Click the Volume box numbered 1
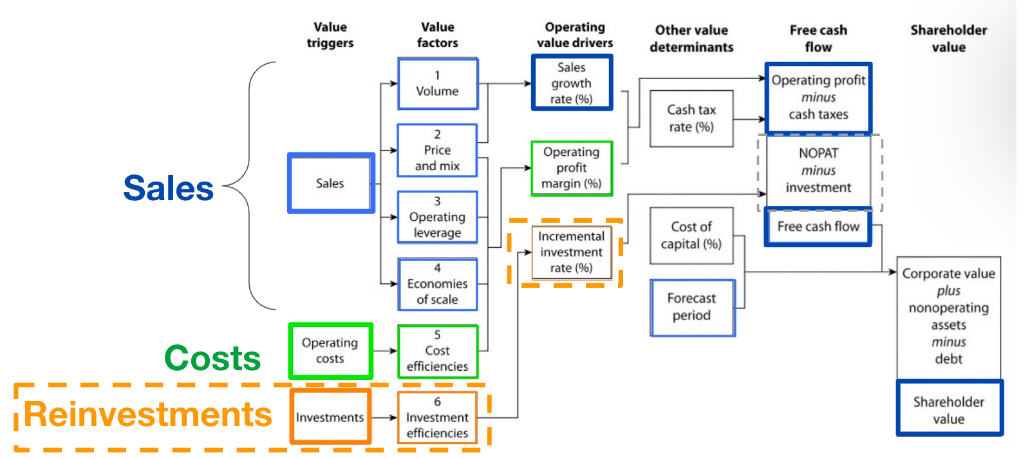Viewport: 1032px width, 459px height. [437, 84]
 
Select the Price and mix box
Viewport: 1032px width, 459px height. [437, 150]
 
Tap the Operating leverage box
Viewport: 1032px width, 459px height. [437, 217]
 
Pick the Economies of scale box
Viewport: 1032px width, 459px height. [437, 284]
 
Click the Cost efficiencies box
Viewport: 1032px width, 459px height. [437, 351]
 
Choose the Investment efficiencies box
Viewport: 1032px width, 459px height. [437, 417]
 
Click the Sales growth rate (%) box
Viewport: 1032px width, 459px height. [571, 83]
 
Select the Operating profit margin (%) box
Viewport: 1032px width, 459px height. [571, 168]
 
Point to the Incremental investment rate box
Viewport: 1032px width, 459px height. [571, 252]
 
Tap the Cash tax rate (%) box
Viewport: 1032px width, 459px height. [691, 118]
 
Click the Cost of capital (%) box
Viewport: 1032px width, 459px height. [691, 235]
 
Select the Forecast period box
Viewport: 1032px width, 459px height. [691, 307]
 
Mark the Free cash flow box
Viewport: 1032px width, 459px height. [818, 227]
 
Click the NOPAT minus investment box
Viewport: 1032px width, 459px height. [818, 171]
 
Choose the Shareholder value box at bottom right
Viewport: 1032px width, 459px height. [948, 410]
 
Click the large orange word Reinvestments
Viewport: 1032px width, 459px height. [148, 415]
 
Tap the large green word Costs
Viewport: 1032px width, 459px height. [212, 358]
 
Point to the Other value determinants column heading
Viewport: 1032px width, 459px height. [691, 39]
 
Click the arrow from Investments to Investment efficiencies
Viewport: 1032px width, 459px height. [384, 418]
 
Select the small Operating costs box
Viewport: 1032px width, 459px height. [330, 351]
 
